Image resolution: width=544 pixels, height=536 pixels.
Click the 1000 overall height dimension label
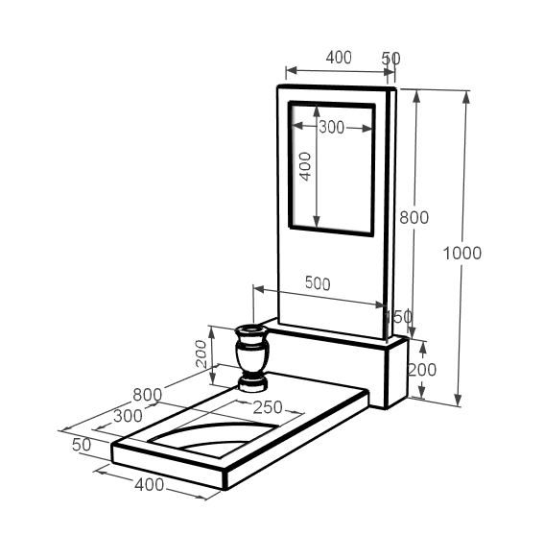[x=462, y=253]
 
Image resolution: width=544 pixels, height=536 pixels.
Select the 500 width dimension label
[x=318, y=283]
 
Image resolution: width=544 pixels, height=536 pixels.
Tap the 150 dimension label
[x=399, y=316]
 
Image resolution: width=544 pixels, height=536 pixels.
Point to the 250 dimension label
[x=268, y=407]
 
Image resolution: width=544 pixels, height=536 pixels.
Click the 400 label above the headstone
[x=339, y=58]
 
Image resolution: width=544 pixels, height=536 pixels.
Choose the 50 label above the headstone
[x=391, y=59]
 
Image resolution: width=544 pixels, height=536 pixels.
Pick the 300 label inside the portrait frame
[x=331, y=128]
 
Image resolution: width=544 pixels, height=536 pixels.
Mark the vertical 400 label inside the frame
[x=305, y=166]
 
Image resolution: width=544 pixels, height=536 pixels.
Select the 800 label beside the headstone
[x=414, y=218]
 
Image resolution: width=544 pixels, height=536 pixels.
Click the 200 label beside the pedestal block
[x=422, y=370]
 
